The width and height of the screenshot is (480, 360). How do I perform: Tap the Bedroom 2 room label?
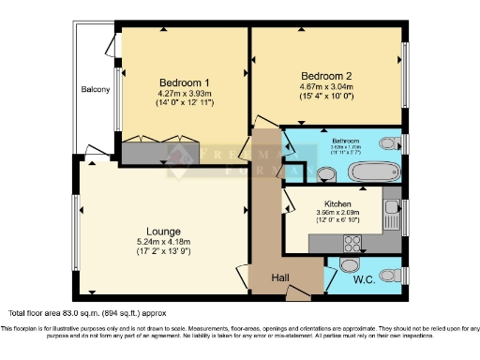point(326,75)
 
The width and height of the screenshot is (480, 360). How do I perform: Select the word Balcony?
point(96,90)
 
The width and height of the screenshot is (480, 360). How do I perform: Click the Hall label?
point(280,277)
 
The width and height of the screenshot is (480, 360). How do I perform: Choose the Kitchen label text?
point(337,203)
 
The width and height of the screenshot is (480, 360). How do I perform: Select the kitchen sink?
point(391,207)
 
